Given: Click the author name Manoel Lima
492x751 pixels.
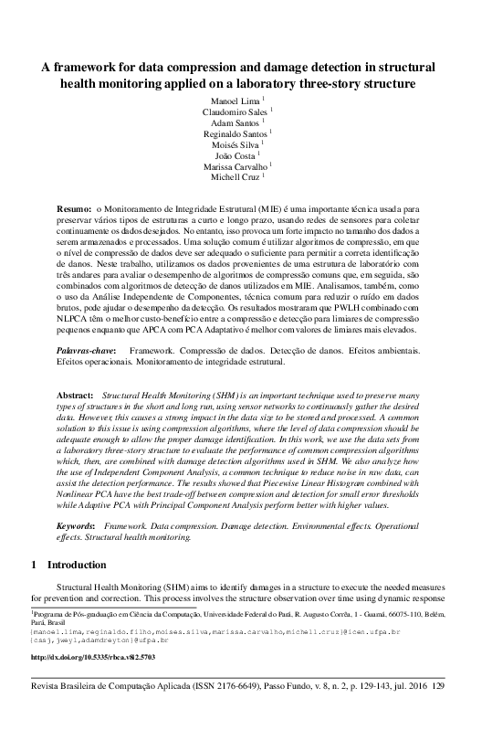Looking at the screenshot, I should pos(242,98).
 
